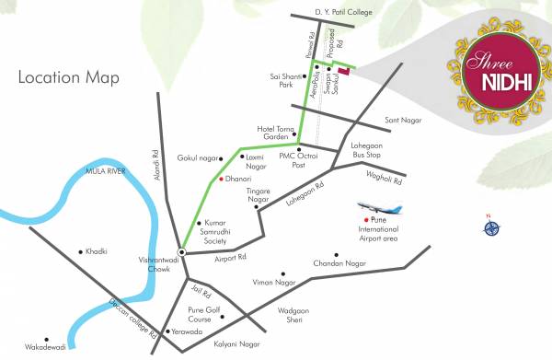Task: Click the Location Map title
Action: (69, 78)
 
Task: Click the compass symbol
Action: (488, 224)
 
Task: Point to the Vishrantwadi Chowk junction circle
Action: (182, 252)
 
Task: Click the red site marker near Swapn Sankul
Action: (344, 70)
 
